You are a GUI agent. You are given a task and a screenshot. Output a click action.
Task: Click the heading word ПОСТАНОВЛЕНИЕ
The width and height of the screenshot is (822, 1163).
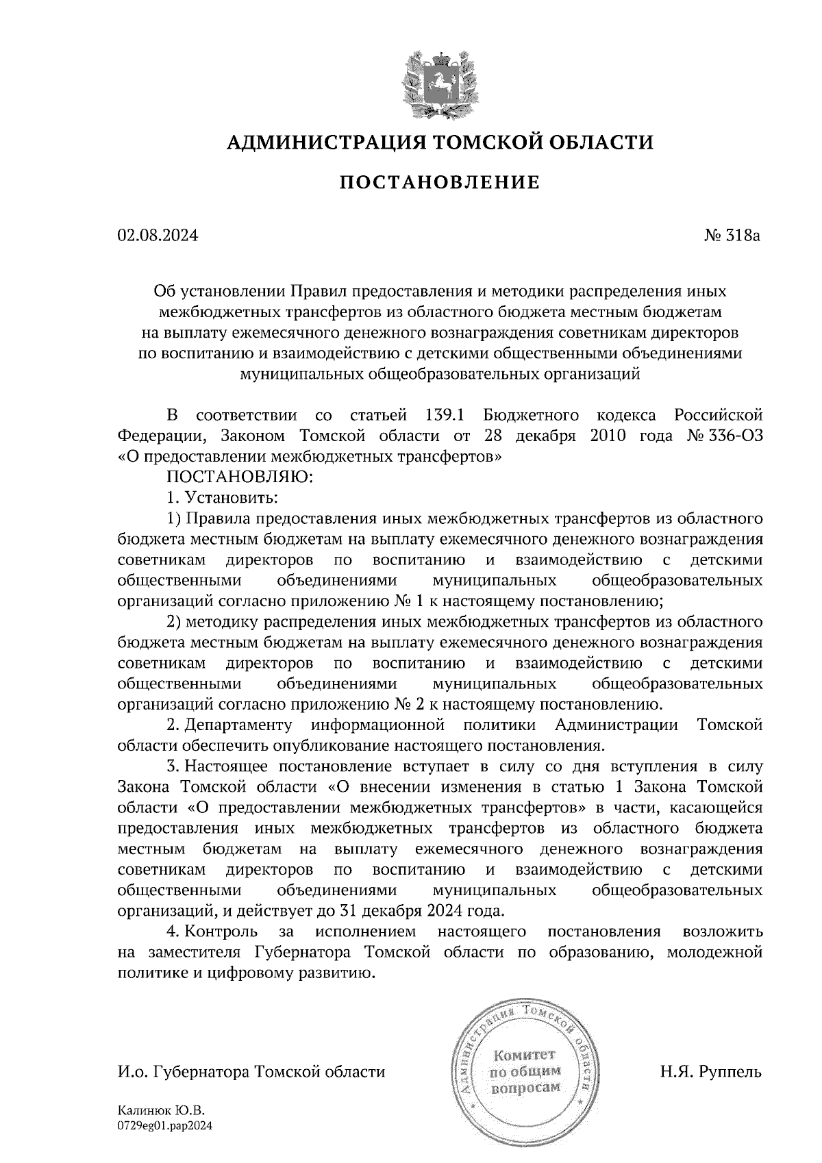440,183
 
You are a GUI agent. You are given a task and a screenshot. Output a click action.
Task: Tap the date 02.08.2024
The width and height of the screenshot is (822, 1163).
158,236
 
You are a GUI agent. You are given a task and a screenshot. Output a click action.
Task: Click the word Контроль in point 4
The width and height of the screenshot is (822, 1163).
221,931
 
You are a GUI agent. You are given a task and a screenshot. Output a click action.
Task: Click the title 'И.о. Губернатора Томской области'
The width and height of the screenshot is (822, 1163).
251,1072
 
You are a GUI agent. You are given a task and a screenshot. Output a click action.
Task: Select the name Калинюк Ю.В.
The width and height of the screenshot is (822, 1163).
162,1112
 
